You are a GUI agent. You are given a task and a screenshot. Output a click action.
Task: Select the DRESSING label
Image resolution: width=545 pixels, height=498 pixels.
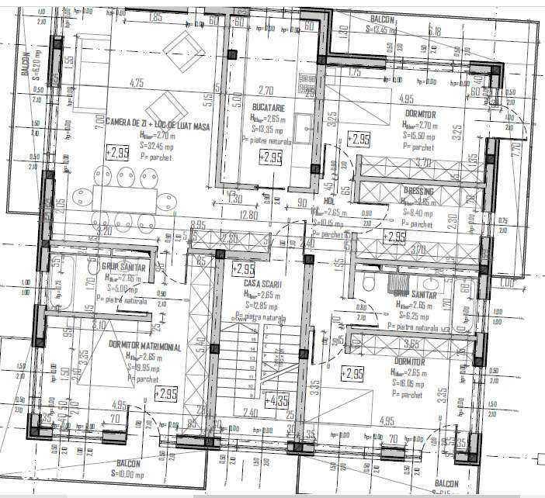point(418,190)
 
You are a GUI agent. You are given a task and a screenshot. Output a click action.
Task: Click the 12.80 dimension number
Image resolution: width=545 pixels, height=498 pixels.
point(248,216)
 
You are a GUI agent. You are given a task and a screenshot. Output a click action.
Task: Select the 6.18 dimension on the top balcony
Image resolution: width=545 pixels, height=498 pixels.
point(434,32)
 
